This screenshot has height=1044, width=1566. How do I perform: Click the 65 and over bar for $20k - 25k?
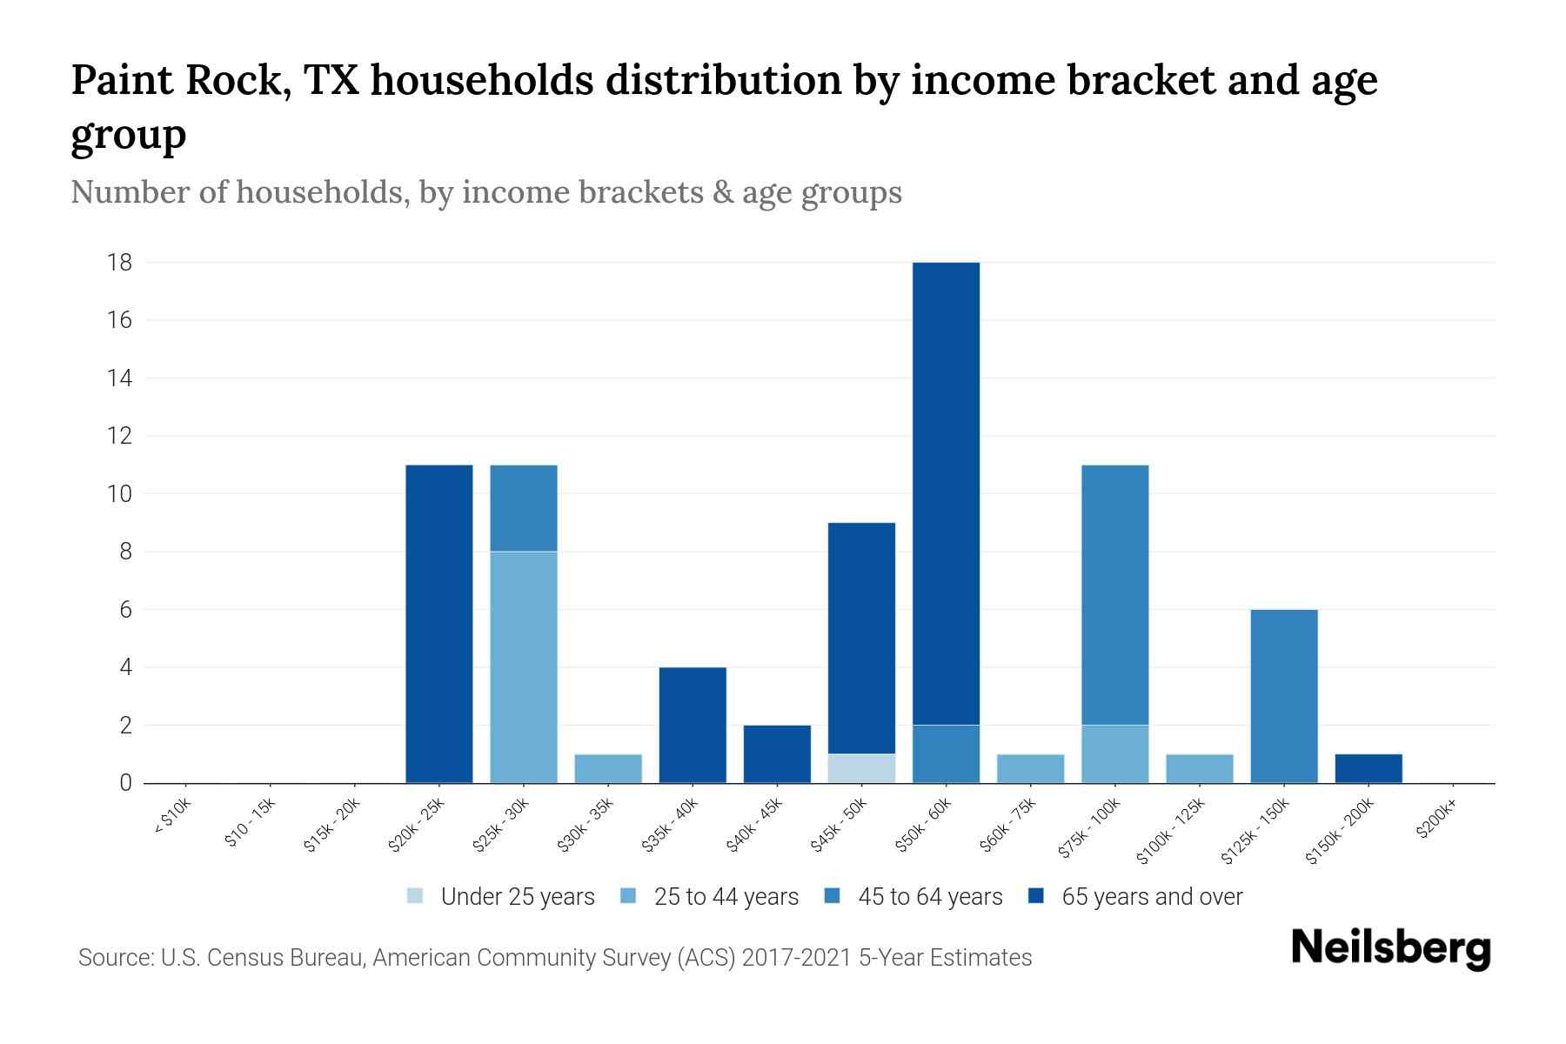[x=439, y=624]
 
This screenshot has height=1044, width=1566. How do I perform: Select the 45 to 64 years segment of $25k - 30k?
[x=524, y=508]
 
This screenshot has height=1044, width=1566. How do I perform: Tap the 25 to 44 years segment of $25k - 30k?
[x=524, y=667]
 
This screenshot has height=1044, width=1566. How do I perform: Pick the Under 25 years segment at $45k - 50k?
[x=861, y=768]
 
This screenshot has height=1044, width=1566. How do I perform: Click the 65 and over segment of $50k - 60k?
[x=946, y=493]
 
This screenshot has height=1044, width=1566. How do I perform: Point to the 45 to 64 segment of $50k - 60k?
[x=946, y=753]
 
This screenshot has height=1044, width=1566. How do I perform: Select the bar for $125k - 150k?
[x=1284, y=696]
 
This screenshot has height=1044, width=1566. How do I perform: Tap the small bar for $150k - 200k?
[x=1369, y=768]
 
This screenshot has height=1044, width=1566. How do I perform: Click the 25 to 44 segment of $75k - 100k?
[x=1114, y=753]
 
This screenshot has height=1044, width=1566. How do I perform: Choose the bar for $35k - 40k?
[x=693, y=725]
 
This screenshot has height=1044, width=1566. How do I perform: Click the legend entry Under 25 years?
[x=518, y=897]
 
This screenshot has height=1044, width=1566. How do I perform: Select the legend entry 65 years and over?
[x=1152, y=897]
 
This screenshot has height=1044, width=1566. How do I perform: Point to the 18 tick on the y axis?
[x=120, y=262]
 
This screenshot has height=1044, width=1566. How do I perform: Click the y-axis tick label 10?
[x=120, y=494]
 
